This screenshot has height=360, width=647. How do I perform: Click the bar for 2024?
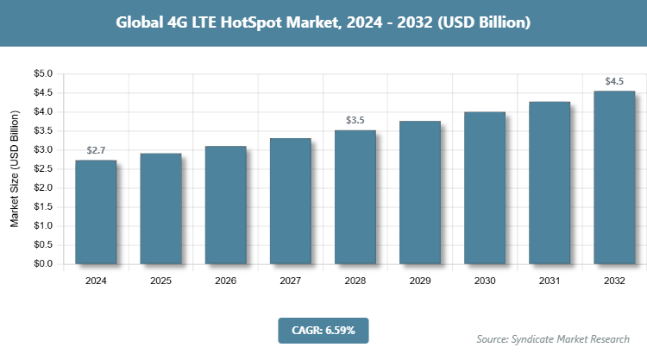pyautogui.click(x=96, y=212)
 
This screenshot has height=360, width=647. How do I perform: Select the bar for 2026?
pyautogui.click(x=225, y=205)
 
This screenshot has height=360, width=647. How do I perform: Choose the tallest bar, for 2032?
pyautogui.click(x=614, y=177)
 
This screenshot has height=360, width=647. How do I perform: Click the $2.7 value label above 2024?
pyautogui.click(x=96, y=151)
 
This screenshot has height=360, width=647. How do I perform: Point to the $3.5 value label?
pyautogui.click(x=355, y=121)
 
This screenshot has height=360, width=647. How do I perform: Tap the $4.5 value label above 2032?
pyautogui.click(x=614, y=82)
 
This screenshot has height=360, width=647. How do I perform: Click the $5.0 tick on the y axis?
pyautogui.click(x=42, y=74)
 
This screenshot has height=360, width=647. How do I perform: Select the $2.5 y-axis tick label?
pyautogui.click(x=42, y=169)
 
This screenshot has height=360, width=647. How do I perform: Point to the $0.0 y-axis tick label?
pyautogui.click(x=42, y=264)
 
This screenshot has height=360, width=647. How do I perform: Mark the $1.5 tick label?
pyautogui.click(x=42, y=207)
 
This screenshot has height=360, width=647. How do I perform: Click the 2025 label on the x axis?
pyautogui.click(x=160, y=281)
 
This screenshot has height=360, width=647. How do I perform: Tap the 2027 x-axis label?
pyautogui.click(x=290, y=281)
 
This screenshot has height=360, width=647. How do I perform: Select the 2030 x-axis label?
pyautogui.click(x=485, y=281)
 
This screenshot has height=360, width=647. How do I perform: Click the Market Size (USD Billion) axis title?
pyautogui.click(x=15, y=169)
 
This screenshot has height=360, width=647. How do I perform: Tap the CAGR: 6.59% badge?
pyautogui.click(x=323, y=330)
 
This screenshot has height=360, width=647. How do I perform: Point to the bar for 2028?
pyautogui.click(x=355, y=198)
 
